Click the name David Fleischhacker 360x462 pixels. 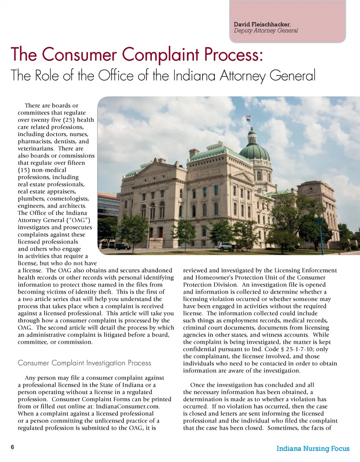pos(261,25)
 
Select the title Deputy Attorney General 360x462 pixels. pos(265,31)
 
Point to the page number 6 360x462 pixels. pos(12,447)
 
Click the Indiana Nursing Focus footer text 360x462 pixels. pos(313,448)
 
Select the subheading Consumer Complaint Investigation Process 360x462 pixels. pos(84,363)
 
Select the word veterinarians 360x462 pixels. pos(37,148)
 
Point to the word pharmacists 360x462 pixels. pos(35,141)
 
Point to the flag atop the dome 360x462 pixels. pos(248,118)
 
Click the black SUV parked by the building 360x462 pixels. pos(123,246)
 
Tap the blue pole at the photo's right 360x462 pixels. pos(321,236)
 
